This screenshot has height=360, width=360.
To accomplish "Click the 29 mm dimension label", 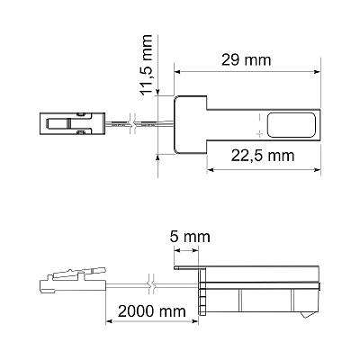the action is tap(247, 60).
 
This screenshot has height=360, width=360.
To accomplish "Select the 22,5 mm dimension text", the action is tap(263, 156).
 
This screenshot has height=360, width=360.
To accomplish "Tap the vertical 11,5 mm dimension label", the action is tap(147, 65).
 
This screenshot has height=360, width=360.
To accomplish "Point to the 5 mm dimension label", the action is tap(190, 237).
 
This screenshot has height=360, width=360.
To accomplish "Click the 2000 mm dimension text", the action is tap(152, 311).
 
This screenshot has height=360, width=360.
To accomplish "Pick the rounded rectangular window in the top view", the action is tap(292, 125).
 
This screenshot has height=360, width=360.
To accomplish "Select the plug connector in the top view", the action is tap(72, 123).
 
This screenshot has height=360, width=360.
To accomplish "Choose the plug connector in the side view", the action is tap(73, 281).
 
